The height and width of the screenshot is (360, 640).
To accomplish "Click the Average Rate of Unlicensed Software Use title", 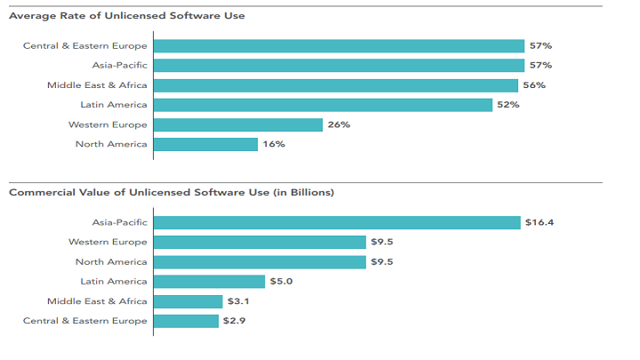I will [126, 16].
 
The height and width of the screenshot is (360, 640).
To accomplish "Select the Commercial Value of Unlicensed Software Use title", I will [171, 192].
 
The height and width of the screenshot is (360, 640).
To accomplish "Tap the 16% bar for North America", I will [205, 144].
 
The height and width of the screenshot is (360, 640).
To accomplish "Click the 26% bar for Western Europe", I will [237, 124].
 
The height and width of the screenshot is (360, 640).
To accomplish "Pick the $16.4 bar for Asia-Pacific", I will [337, 222].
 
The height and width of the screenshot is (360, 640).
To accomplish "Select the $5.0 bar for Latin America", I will [209, 281].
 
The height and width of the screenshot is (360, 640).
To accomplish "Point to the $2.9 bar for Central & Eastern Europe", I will [186, 320].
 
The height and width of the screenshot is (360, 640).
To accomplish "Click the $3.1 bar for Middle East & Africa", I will [188, 300].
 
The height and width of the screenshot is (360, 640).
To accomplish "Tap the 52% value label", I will [508, 105].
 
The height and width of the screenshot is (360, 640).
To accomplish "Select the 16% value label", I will [273, 144].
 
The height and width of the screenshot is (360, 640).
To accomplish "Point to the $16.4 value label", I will [539, 222].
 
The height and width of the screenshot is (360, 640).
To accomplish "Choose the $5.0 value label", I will [281, 281].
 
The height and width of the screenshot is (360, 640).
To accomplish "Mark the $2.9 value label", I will [234, 320].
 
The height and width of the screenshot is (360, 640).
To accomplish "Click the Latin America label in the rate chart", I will [114, 105].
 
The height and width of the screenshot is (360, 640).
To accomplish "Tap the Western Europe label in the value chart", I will [108, 242].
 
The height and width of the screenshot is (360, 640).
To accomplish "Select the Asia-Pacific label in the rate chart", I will [119, 65].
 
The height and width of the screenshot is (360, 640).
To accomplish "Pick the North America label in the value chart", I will [111, 261].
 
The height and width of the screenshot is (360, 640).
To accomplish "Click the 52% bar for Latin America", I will [323, 105].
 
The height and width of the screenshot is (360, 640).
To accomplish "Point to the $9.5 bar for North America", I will [260, 261].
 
